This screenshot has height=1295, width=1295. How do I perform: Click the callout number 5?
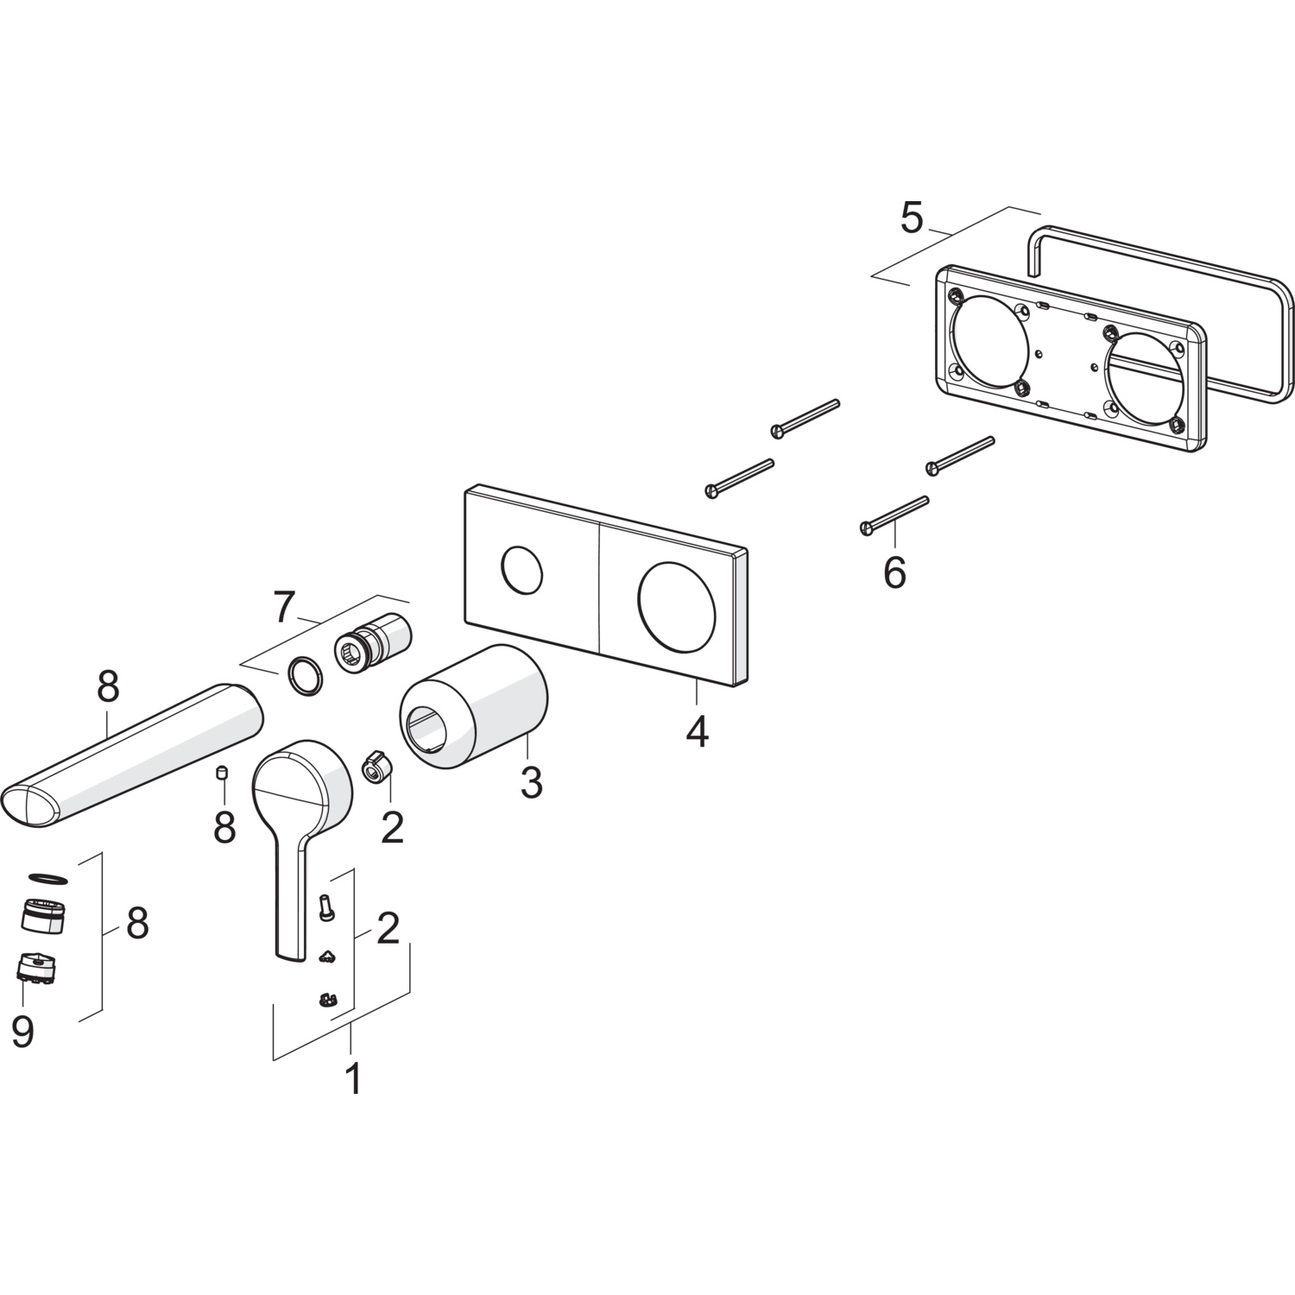911,218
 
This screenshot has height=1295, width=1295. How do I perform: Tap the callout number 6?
894,572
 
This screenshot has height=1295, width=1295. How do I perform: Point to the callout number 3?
531,782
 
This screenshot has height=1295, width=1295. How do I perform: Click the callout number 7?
286,609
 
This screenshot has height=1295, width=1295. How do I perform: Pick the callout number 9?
23,1032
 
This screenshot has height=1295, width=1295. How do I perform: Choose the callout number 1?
353,1078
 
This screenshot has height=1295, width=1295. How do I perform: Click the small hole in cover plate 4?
522,571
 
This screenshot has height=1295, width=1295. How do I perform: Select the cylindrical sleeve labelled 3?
473,705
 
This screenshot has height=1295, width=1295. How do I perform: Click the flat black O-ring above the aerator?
47,878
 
